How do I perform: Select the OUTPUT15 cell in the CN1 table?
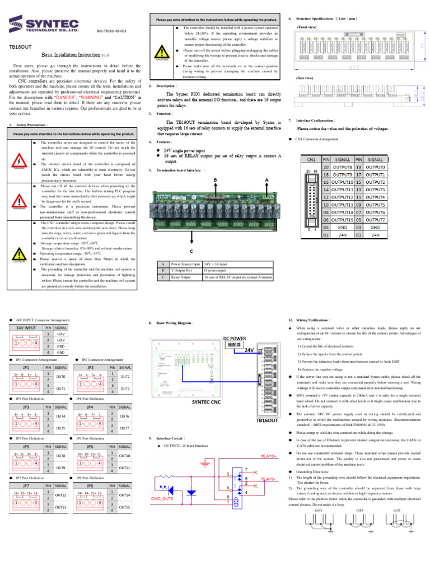[343, 220]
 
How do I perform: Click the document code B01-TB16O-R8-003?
[111, 31]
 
